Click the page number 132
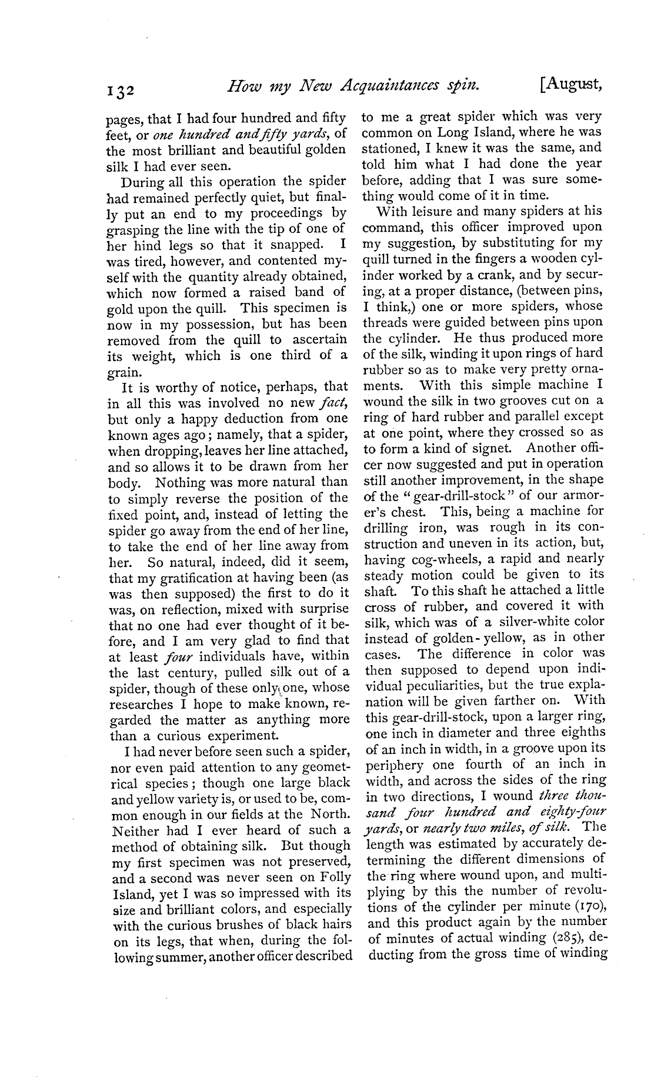tap(121, 90)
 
